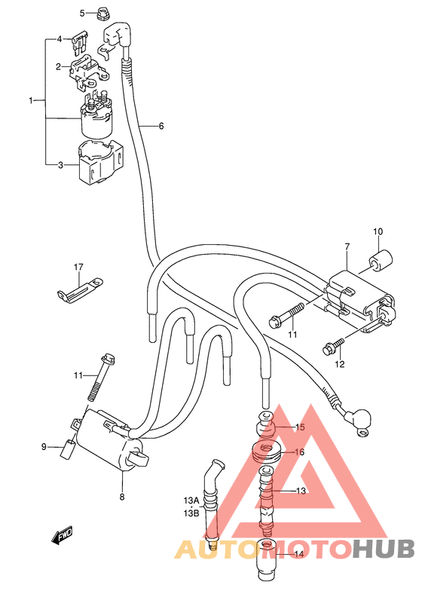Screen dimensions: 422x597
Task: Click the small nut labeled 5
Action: (102, 14)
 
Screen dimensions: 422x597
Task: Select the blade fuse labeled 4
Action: (81, 43)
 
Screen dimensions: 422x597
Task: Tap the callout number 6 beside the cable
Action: (161, 126)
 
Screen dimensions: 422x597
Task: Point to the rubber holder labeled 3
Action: (100, 163)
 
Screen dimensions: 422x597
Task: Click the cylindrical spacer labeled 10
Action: (379, 260)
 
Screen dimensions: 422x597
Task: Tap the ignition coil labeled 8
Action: (111, 439)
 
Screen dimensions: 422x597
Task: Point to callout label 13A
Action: (191, 500)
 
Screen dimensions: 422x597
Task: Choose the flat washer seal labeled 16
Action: (267, 452)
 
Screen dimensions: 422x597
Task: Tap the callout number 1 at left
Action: (31, 100)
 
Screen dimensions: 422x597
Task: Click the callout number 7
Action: (347, 246)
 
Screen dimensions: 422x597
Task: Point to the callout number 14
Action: (299, 554)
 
